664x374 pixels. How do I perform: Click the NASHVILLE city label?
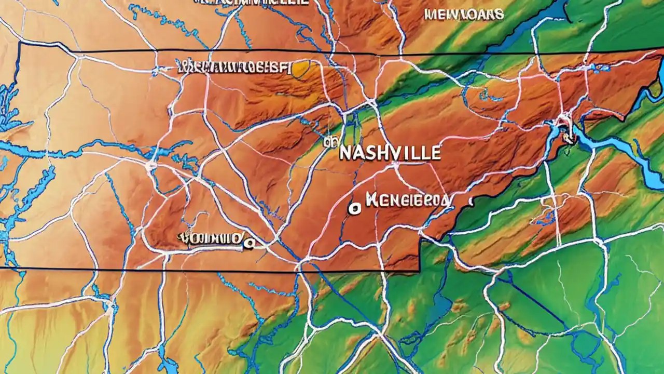point(390,153)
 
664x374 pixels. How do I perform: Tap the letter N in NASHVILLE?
point(345,153)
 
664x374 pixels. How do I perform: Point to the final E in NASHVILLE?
point(436,152)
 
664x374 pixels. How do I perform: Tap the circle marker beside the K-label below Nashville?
point(354,208)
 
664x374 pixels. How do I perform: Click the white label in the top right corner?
point(463,15)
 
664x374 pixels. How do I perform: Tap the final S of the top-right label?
point(499,15)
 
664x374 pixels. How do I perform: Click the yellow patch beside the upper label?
point(300,68)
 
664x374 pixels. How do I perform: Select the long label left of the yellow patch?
point(233,66)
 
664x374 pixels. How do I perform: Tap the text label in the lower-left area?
point(210,239)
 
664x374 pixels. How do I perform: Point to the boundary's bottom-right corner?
point(419,270)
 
